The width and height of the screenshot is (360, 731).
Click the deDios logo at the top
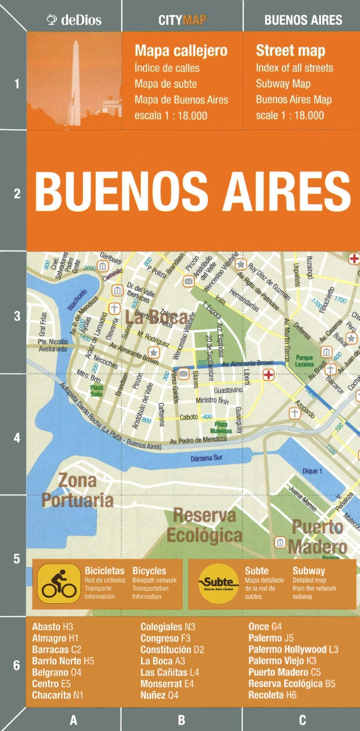[74, 20]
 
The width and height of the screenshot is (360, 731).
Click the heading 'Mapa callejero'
[181, 51]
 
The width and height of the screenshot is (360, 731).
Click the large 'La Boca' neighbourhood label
[155, 317]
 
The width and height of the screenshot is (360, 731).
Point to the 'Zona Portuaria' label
[77, 490]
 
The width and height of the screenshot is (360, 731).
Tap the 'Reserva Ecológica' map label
[204, 525]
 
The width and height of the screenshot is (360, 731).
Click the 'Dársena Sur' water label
[207, 458]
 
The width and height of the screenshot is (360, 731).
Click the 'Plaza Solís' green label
[96, 391]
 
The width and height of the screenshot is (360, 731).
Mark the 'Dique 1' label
[312, 471]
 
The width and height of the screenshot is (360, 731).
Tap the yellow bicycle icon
[59, 584]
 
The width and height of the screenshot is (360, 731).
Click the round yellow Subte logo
[218, 584]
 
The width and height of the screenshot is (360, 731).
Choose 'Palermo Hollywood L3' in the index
[293, 650]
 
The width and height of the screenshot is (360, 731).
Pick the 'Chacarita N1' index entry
[58, 695]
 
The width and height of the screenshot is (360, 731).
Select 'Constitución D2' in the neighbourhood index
[172, 650]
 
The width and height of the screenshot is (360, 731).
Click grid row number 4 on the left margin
[17, 438]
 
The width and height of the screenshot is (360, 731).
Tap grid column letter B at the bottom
[181, 720]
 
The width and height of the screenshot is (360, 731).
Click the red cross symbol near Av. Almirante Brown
[268, 375]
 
